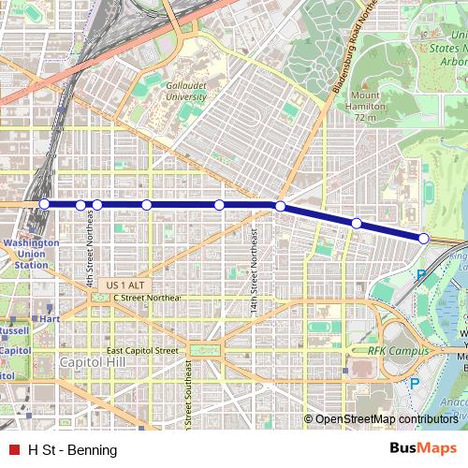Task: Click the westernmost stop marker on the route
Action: (44, 204)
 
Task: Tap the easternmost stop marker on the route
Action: (423, 239)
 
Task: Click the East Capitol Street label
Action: (142, 350)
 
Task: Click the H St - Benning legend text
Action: (73, 449)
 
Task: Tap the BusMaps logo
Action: (423, 448)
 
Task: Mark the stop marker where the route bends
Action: (280, 206)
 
